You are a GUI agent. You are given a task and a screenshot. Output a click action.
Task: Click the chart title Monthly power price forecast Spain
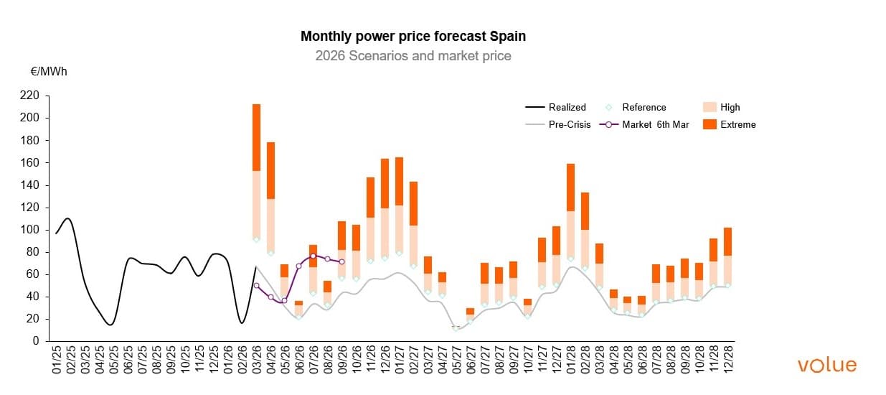tap(413, 36)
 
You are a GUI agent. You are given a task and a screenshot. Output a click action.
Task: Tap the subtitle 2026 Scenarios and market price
tap(413, 55)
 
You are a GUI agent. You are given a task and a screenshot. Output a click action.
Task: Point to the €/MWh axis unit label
tap(49, 72)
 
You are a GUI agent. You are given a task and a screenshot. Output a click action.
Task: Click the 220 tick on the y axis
tap(31, 96)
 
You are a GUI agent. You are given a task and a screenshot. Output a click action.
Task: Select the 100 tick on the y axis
tap(31, 230)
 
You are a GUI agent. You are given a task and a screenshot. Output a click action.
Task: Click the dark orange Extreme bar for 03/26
tap(256, 137)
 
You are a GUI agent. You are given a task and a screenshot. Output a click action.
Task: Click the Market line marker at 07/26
tap(313, 256)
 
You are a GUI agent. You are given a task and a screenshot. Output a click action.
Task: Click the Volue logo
tap(826, 365)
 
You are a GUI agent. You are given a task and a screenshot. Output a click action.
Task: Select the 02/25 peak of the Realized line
tap(67, 218)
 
